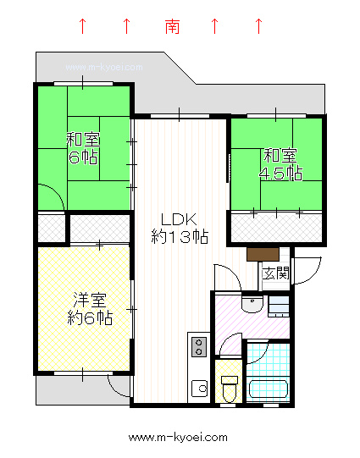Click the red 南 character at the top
click(x=172, y=26)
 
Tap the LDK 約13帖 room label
click(x=180, y=229)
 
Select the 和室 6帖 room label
click(x=83, y=148)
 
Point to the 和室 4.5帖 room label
click(x=280, y=164)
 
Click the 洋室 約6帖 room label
click(x=90, y=308)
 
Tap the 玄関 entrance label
click(x=275, y=273)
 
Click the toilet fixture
click(x=229, y=389)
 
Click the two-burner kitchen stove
click(x=199, y=347)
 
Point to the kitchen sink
click(x=200, y=389)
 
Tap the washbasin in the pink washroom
click(x=252, y=304)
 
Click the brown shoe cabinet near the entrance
click(x=263, y=254)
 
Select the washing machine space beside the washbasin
click(x=279, y=306)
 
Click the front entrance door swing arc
click(x=315, y=274)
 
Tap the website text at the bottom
click(x=178, y=438)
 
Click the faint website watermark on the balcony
click(x=104, y=68)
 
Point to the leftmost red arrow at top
click(x=83, y=26)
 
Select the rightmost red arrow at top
click(x=258, y=26)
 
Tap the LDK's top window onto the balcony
click(x=180, y=116)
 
